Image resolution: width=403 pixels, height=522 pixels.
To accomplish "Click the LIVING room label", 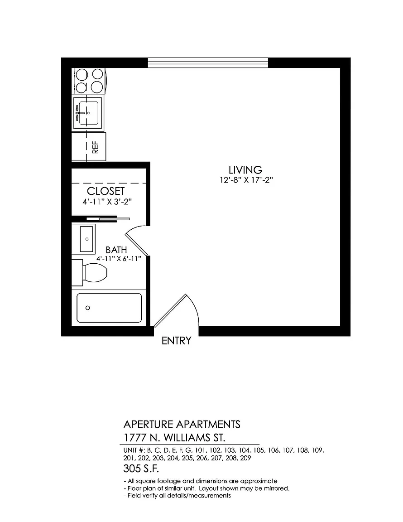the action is [245, 170].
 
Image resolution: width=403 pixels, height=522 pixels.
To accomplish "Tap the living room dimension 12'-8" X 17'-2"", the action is [246, 180].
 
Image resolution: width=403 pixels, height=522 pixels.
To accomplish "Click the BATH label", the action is [116, 250].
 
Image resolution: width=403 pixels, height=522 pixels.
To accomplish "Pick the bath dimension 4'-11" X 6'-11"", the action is [119, 259].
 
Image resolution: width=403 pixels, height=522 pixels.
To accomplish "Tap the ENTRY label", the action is [177, 341].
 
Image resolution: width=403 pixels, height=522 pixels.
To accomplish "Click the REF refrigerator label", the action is [96, 147].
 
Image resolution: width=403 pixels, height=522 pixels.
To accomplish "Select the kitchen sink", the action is [88, 112].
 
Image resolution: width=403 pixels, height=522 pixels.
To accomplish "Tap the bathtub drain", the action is [87, 308].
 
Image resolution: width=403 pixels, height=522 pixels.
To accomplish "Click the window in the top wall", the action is [208, 63].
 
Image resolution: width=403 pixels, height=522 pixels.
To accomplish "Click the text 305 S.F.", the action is [141, 469].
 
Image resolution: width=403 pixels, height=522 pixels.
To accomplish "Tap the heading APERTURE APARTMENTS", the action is [182, 425].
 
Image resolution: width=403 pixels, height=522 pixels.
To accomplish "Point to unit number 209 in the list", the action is [245, 458].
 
